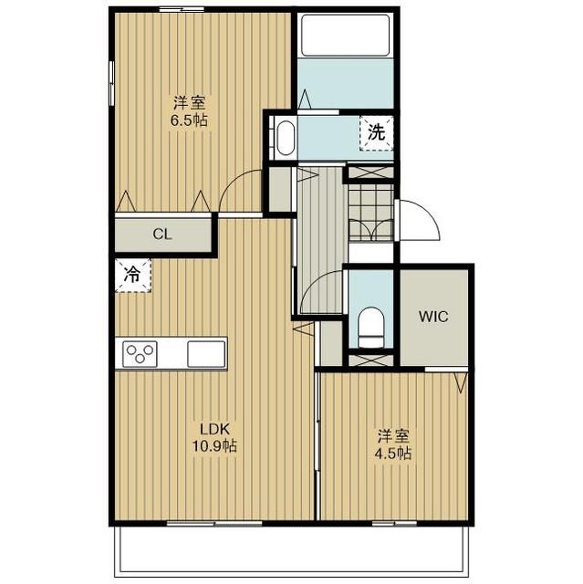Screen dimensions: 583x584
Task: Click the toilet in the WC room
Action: tap(370, 327)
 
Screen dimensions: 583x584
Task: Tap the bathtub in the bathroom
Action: tap(345, 36)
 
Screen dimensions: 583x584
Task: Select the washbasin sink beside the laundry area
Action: tap(286, 137)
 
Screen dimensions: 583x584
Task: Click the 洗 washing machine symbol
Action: tap(377, 133)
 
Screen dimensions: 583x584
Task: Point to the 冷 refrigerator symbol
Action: tap(133, 276)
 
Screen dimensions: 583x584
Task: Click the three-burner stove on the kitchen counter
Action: tap(140, 354)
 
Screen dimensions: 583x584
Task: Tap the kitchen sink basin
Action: tap(206, 354)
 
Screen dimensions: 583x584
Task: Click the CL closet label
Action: tap(162, 235)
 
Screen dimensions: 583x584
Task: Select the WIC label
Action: tap(433, 317)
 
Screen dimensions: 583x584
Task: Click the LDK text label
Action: tap(214, 429)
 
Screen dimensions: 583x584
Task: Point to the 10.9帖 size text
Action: tap(214, 446)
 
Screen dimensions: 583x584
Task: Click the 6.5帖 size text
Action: tap(189, 120)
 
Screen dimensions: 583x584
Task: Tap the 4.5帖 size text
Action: tap(392, 454)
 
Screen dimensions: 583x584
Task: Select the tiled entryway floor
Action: tap(370, 213)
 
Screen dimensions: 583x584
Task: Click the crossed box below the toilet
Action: tap(370, 360)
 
